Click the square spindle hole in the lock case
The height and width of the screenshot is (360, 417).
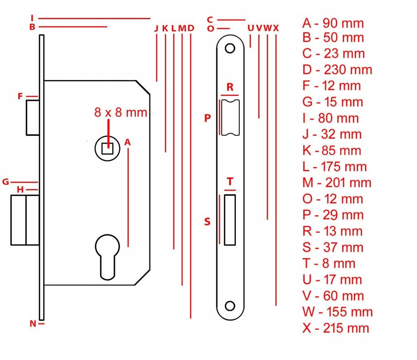coord(108,148)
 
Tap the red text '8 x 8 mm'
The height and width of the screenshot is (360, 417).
coord(121,112)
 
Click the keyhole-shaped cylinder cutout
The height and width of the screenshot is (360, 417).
coord(108,257)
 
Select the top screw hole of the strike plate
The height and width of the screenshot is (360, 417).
coord(230,48)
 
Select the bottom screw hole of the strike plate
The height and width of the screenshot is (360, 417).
coord(230,306)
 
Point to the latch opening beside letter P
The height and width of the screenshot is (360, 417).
coord(230,118)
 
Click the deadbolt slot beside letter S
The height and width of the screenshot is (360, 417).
coord(230,220)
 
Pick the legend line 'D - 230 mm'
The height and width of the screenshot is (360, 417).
coord(337,70)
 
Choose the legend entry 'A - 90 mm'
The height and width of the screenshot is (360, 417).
coord(333,23)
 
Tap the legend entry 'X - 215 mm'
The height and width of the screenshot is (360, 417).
coord(336,328)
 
